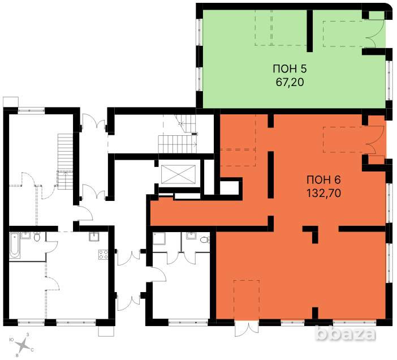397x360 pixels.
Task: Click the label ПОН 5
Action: coord(290,68)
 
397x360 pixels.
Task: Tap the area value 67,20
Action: coord(290,82)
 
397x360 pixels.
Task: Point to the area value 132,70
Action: coord(324,193)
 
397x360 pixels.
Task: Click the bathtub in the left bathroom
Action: coord(15,245)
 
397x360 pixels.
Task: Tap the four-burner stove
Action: coord(103,254)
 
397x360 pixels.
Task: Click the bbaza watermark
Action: coord(346,333)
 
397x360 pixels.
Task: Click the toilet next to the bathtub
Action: coord(37,236)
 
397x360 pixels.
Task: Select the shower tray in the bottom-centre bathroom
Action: coord(159,238)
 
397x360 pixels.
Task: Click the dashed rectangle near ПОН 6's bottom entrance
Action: coord(247,299)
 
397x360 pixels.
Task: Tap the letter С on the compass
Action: coord(32,350)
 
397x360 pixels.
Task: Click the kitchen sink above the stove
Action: coord(94,237)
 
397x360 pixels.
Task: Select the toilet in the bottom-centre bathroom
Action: coord(204,239)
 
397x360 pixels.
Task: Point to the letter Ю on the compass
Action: coord(11,339)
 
